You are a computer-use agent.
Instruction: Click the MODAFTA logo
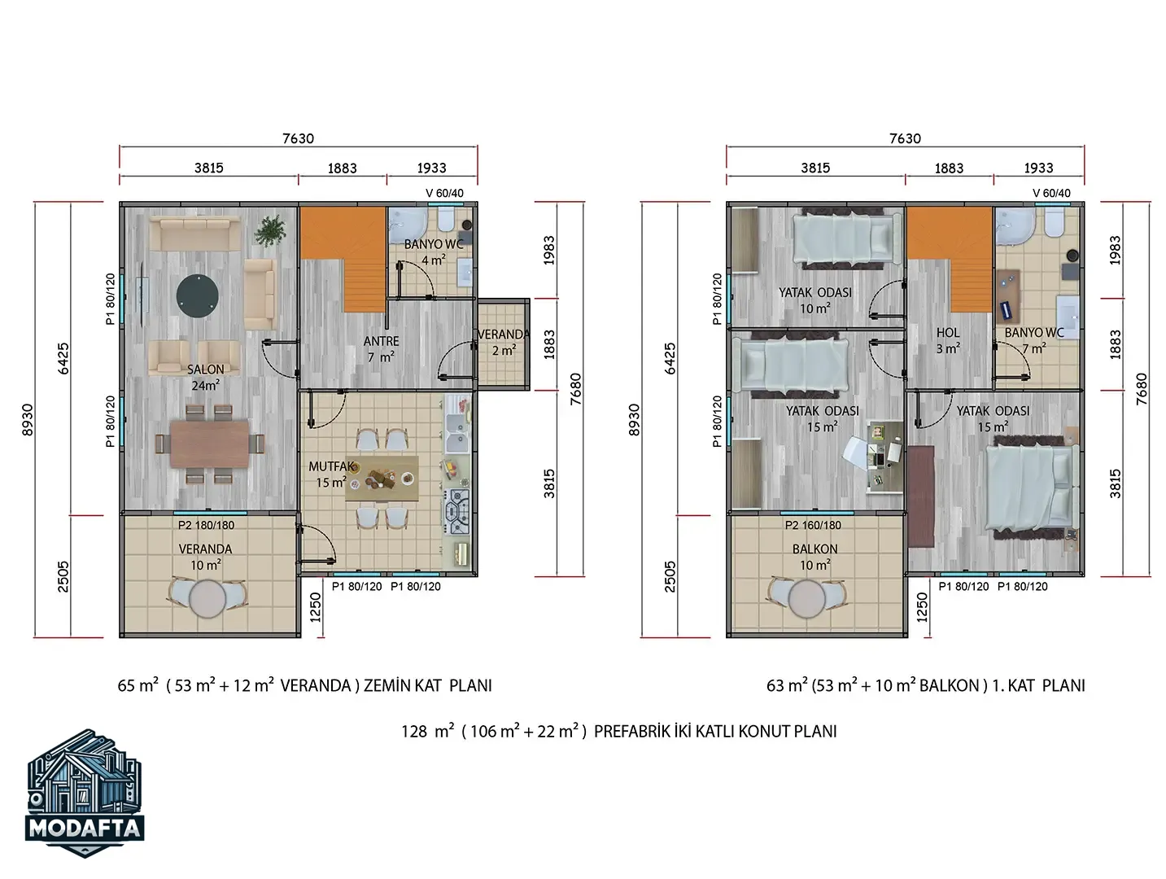click(x=85, y=794)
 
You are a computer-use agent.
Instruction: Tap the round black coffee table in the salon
click(x=197, y=295)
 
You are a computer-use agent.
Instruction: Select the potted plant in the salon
click(x=270, y=231)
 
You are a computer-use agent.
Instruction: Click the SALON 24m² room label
click(x=205, y=377)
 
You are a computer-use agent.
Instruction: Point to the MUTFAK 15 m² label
click(x=330, y=474)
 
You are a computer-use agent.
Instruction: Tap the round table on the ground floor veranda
click(x=206, y=598)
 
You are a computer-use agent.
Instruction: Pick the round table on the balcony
click(x=806, y=598)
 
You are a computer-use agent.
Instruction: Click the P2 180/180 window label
click(x=206, y=525)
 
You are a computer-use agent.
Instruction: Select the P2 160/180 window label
click(x=813, y=525)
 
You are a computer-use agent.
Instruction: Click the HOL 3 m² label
click(x=948, y=340)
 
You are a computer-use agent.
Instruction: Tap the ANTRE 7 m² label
click(x=381, y=349)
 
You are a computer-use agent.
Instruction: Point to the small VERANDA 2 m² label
click(x=503, y=343)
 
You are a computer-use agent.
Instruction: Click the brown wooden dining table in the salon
click(x=209, y=444)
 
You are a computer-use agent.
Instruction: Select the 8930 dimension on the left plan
click(x=28, y=420)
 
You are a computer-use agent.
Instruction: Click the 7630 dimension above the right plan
click(x=905, y=138)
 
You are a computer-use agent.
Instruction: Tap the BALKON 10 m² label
click(x=814, y=557)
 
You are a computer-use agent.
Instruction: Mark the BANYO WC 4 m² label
click(x=434, y=251)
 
